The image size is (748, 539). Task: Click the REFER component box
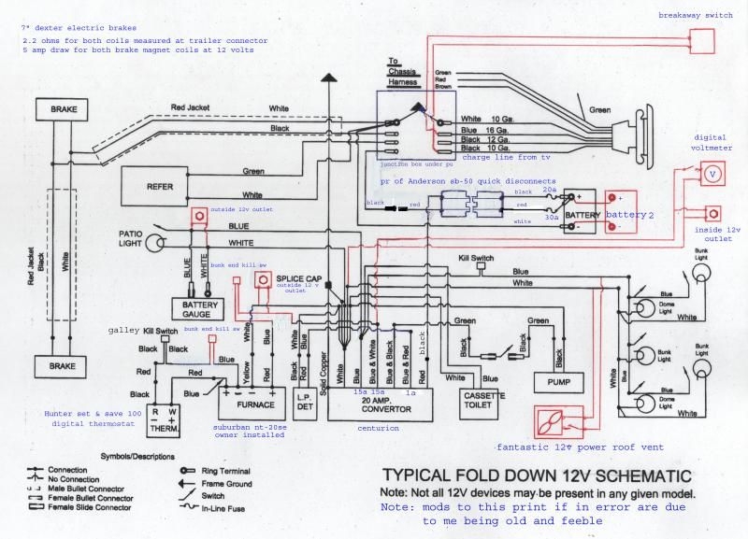(x=161, y=187)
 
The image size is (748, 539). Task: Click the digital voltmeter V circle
(x=712, y=174)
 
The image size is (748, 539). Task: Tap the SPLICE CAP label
(x=299, y=277)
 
